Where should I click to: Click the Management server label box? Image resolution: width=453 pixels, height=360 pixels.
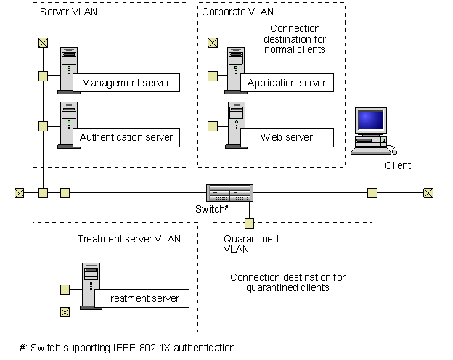pyautogui.click(x=126, y=83)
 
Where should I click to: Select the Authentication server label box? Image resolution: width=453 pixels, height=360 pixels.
pyautogui.click(x=126, y=137)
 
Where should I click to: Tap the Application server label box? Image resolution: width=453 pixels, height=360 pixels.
pyautogui.click(x=287, y=83)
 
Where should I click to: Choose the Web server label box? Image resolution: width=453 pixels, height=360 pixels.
pyautogui.click(x=287, y=137)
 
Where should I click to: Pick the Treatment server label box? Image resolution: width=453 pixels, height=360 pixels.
pyautogui.click(x=142, y=298)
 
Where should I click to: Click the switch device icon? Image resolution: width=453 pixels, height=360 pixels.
pyautogui.click(x=229, y=192)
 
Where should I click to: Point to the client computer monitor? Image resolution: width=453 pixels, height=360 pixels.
pyautogui.click(x=370, y=123)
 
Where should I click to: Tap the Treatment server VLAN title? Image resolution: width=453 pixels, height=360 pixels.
pyautogui.click(x=128, y=239)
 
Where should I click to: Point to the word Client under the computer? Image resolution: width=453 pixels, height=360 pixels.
pyautogui.click(x=397, y=165)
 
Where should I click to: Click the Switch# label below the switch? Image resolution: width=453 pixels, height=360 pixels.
pyautogui.click(x=212, y=208)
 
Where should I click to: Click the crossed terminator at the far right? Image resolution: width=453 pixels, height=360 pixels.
pyautogui.click(x=428, y=193)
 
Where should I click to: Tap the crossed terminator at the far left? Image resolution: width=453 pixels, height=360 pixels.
pyautogui.click(x=19, y=193)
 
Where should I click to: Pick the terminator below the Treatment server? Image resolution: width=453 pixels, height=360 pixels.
pyautogui.click(x=65, y=312)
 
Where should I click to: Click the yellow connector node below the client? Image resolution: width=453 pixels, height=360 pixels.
pyautogui.click(x=372, y=193)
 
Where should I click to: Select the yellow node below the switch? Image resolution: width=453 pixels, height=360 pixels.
pyautogui.click(x=248, y=223)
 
